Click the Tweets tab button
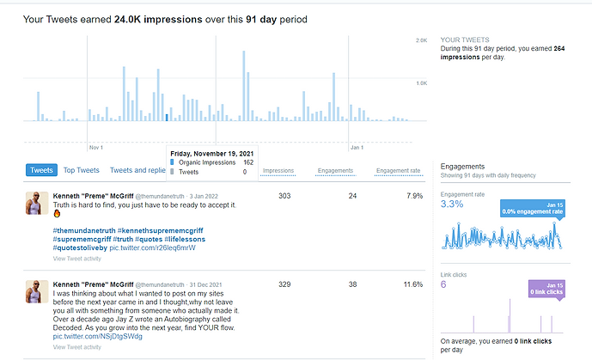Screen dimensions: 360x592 coord(41,170)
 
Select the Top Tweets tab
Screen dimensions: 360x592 coord(82,170)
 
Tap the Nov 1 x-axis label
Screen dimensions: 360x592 coord(95,147)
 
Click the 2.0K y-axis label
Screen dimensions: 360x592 coord(422,41)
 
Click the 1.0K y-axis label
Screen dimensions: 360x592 coord(422,83)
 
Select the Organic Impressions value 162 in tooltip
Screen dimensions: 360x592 coord(247,162)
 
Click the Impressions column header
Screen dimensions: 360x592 coord(278,171)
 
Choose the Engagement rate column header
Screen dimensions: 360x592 coord(402,171)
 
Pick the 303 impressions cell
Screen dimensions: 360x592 coord(285,196)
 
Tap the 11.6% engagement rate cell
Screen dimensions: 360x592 coord(412,284)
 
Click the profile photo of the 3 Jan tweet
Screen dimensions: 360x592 coord(34,204)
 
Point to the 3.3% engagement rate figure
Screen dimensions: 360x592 coord(452,204)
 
